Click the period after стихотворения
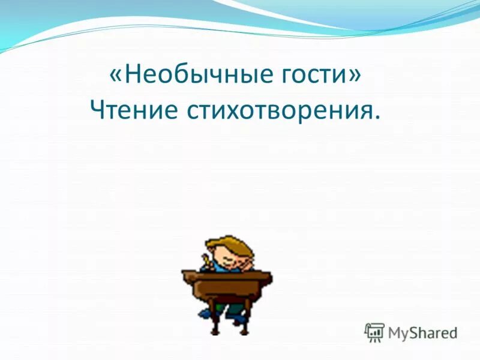(x=376, y=120)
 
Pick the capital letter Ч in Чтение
(x=97, y=112)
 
